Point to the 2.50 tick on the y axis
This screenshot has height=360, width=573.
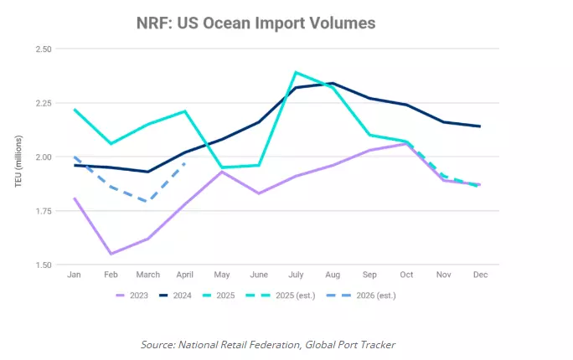[42, 49]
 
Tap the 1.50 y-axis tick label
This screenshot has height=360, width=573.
[42, 265]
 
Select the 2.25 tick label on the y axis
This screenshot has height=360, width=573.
[42, 103]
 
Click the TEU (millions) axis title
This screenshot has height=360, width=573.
[18, 157]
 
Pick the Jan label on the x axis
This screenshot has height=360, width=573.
[75, 275]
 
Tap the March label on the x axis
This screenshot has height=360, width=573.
[148, 275]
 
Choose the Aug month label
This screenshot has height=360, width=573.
[333, 275]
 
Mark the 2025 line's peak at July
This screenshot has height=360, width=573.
[295, 72]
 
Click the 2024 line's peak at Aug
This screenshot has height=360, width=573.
[333, 83]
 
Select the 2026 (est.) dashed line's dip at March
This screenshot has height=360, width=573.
[148, 202]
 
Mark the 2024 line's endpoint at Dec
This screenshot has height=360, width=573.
[479, 126]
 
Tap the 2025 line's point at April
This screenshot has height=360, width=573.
[185, 111]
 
